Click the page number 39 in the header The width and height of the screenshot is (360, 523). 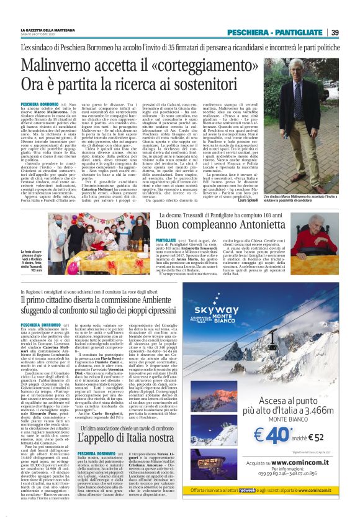[x=335, y=32]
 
